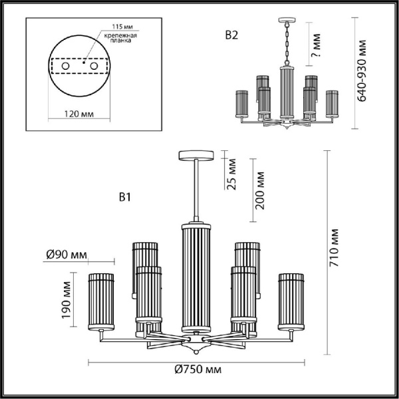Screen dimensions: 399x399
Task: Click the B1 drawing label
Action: point(127,197)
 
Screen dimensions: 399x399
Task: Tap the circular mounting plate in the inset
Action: point(79,68)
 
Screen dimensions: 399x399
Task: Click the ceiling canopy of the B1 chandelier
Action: point(196,156)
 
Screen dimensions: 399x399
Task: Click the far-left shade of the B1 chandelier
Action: point(102,300)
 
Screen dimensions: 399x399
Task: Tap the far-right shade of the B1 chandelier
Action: point(290,300)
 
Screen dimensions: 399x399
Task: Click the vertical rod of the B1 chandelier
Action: point(196,190)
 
